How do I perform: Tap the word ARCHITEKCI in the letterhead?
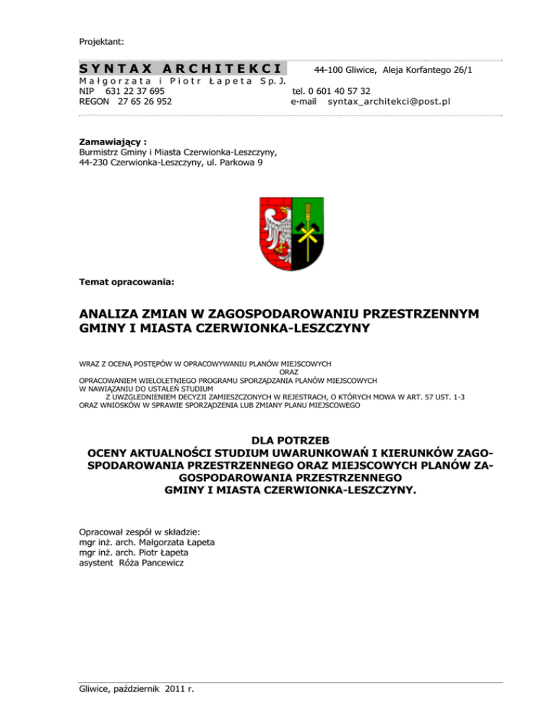[x=224, y=69]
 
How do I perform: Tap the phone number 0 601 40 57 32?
[x=340, y=92]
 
